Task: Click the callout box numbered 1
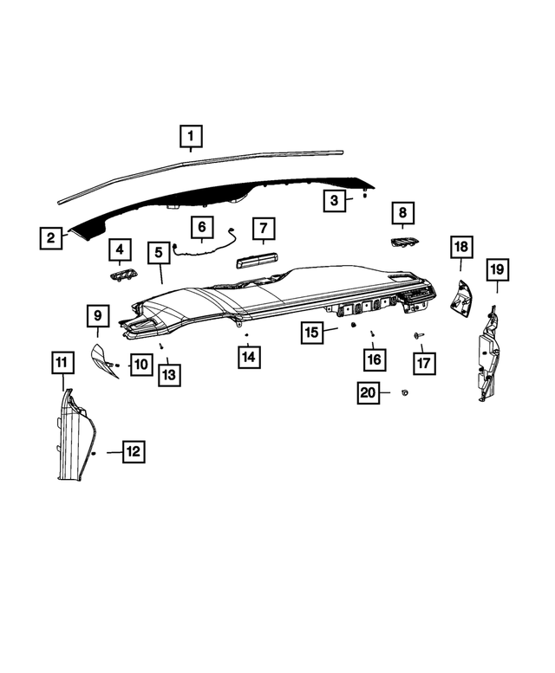click(191, 136)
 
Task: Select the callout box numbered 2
click(52, 237)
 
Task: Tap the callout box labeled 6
click(201, 229)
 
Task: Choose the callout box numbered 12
click(133, 451)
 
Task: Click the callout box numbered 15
click(313, 332)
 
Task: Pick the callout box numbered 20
click(369, 393)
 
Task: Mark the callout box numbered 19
click(495, 271)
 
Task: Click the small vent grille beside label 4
click(121, 276)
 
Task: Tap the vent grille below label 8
click(402, 243)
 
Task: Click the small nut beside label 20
click(405, 393)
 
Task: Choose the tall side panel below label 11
click(76, 437)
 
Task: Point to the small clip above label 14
click(247, 333)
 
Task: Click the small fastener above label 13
click(161, 346)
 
